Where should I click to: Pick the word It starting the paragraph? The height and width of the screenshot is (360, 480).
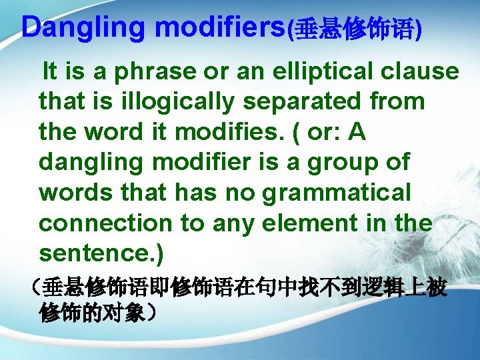[49, 72]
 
